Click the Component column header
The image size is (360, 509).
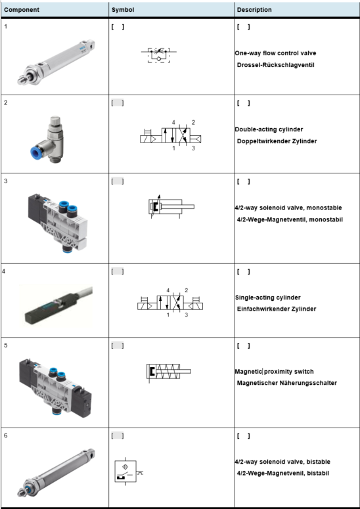point(22,10)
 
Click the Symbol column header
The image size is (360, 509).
point(123,10)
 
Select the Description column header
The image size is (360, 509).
point(254,10)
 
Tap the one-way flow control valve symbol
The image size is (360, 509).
point(159,55)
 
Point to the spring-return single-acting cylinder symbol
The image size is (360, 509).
point(168,371)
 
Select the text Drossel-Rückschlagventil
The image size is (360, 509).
point(276,65)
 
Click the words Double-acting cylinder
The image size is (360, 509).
point(269,129)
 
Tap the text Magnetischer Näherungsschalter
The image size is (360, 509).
point(287,383)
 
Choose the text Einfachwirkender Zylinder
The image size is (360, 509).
point(277,309)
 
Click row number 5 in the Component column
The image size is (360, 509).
point(6,345)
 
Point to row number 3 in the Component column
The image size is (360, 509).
point(6,181)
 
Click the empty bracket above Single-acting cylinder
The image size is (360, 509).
point(244,272)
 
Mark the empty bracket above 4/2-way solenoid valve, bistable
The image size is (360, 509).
point(244,436)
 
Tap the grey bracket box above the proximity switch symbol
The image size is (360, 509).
point(118,436)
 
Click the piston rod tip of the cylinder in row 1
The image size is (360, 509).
point(21,80)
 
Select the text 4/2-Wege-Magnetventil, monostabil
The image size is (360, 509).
point(290,220)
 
